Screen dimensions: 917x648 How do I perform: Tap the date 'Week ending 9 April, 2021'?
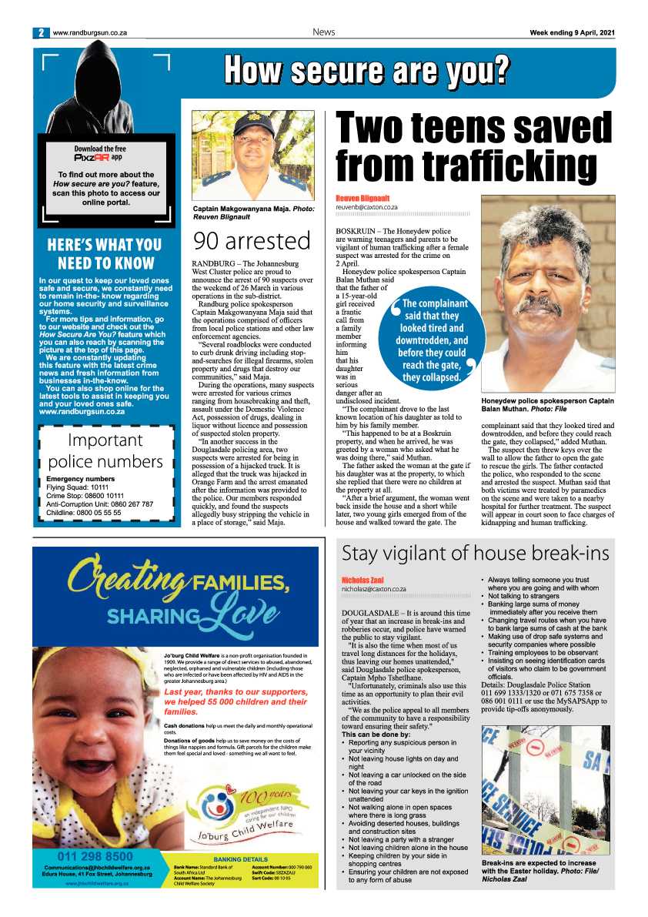click(x=572, y=32)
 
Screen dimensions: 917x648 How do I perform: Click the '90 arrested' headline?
click(x=252, y=241)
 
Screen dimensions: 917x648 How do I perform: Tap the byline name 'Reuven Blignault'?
click(x=362, y=199)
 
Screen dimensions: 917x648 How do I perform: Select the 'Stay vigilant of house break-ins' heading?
click(x=475, y=553)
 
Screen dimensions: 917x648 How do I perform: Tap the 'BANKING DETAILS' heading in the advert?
click(x=240, y=858)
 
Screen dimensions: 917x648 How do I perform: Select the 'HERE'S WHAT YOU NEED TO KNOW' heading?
click(x=104, y=255)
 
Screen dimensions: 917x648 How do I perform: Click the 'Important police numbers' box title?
click(x=105, y=451)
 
